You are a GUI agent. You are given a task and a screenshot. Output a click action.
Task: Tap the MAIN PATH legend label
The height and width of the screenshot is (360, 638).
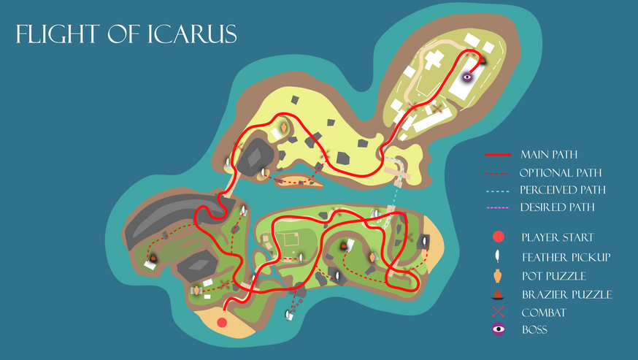tap(549, 154)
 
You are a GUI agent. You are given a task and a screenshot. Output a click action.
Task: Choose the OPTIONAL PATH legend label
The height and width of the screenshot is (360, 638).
tap(561, 172)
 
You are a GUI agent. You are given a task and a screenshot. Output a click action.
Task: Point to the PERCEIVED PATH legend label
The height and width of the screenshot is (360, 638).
tap(563, 190)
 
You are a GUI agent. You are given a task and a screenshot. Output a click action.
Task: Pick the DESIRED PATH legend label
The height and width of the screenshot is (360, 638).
tap(556, 207)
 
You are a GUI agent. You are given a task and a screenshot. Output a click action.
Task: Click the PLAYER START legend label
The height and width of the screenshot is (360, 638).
tap(557, 237)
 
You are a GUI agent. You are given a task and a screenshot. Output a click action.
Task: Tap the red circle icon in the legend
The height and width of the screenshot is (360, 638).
tap(499, 237)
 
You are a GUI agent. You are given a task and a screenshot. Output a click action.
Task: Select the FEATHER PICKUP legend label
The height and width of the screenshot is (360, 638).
tap(566, 256)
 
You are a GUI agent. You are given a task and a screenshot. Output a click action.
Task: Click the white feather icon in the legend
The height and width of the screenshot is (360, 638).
tap(499, 256)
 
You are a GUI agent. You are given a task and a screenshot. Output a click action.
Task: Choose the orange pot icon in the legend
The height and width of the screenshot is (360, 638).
tap(499, 275)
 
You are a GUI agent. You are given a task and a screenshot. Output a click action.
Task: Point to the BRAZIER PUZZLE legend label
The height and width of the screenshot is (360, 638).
tap(566, 294)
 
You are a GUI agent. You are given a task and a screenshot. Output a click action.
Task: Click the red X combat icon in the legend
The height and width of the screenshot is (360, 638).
tap(499, 312)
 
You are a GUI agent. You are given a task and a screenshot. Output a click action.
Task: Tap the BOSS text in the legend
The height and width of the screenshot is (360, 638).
tap(534, 330)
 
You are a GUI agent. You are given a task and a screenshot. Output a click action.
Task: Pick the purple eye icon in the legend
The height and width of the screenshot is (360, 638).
tap(499, 329)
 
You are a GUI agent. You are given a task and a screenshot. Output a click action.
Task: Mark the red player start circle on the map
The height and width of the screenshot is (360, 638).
tap(222, 321)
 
